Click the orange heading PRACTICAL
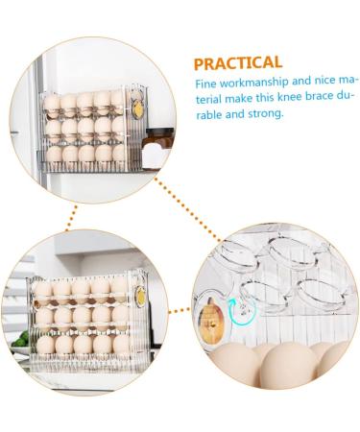238,63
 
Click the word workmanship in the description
254,83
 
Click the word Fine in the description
206,84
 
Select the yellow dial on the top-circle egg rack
137,108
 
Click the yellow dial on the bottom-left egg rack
140,296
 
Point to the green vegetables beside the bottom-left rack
20,340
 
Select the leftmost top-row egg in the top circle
52,103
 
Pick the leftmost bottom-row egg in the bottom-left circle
45,345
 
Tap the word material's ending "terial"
208,99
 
